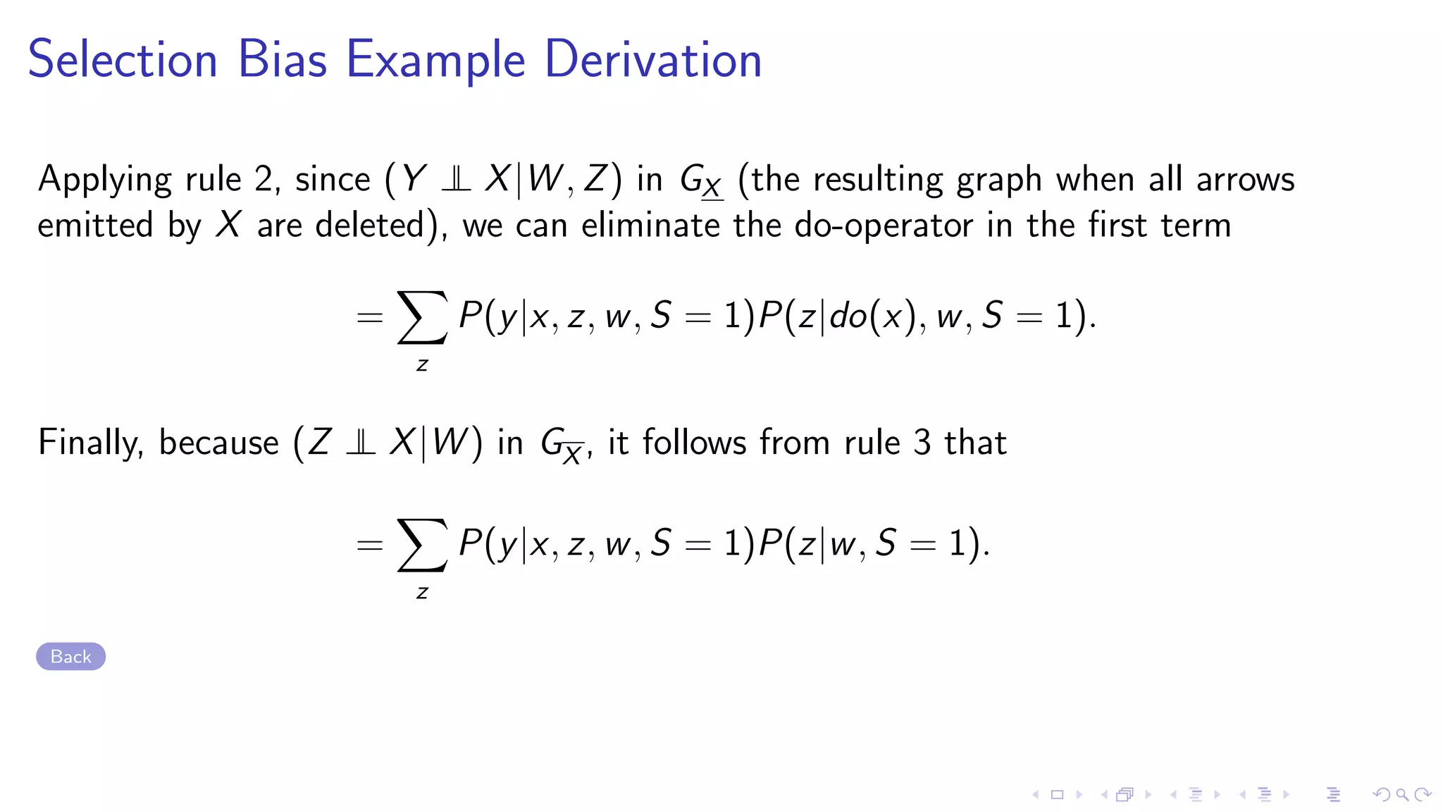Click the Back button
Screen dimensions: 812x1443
[70, 656]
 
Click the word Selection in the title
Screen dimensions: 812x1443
[123, 60]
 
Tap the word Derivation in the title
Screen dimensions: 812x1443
[653, 60]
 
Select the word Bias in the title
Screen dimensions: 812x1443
[283, 60]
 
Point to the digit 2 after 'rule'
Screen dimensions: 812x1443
[264, 179]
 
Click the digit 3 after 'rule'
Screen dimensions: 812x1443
[922, 443]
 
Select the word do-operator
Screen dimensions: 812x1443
[884, 226]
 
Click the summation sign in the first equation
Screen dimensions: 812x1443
[422, 317]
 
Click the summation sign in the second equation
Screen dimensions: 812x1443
[422, 545]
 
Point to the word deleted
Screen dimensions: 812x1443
[370, 226]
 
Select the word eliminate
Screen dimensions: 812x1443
[650, 226]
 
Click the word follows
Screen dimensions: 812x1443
[694, 443]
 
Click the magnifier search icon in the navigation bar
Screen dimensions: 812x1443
[1402, 795]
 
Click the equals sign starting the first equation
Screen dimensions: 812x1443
[369, 318]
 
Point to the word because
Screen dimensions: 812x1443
[218, 443]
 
